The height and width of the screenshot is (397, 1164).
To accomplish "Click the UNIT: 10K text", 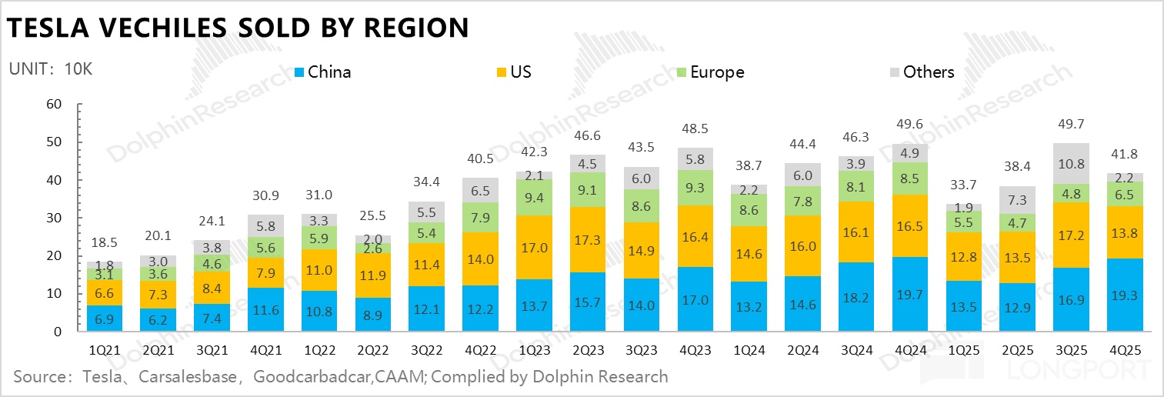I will [x=51, y=68].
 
